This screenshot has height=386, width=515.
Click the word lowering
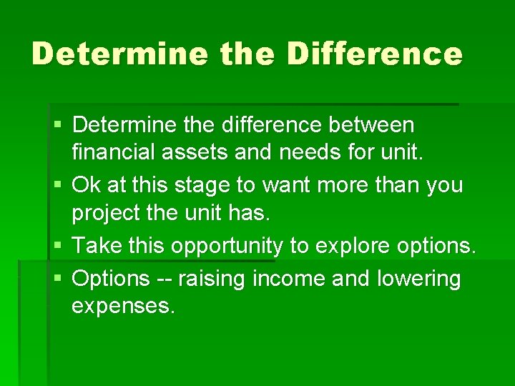pyautogui.click(x=418, y=278)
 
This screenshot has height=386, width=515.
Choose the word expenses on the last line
pyautogui.click(x=123, y=307)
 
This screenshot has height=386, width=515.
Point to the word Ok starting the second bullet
pyautogui.click(x=87, y=186)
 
